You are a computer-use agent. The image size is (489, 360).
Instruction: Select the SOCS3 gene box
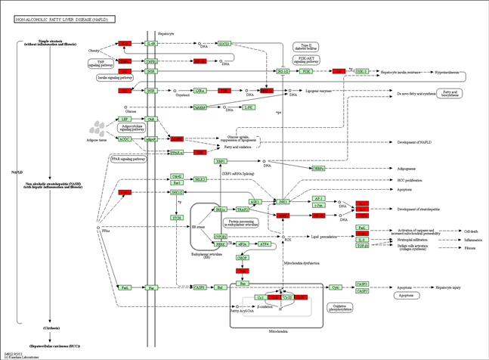[224, 44]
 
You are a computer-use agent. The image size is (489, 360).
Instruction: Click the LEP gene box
[125, 119]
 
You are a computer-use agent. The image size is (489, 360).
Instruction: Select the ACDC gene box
[125, 139]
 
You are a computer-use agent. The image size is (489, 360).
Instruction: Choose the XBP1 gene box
[221, 161]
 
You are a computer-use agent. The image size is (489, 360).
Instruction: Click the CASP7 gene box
[362, 291]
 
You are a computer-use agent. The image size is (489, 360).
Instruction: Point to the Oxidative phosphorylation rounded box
[340, 307]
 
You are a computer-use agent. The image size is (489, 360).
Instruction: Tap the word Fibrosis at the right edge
[471, 247]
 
